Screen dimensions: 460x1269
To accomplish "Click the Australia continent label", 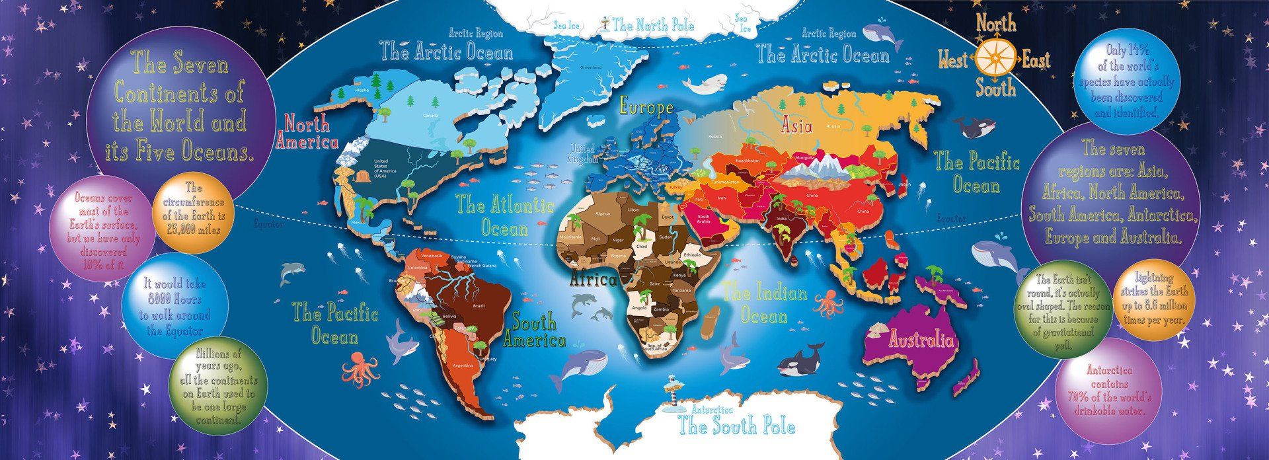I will point(921,341).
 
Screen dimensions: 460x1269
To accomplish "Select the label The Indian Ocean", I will point(764,304).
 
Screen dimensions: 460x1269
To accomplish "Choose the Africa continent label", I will point(593,280).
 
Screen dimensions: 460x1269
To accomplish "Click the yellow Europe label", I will point(646,108).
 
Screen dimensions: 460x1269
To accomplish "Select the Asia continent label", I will point(796,125).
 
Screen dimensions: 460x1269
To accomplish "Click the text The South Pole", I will point(737,426).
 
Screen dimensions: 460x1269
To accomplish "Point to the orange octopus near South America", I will point(361,369).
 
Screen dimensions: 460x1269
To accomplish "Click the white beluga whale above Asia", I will point(702,85).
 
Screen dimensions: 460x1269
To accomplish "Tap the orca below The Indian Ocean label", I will point(800,361).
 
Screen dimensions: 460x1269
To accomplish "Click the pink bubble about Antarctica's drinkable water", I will point(1109,390).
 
